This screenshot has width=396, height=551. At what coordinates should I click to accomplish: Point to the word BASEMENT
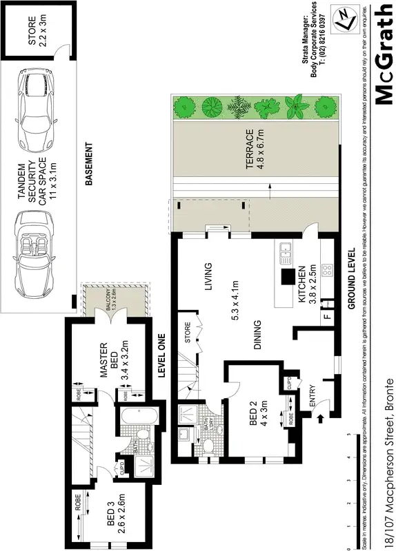point(88,165)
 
